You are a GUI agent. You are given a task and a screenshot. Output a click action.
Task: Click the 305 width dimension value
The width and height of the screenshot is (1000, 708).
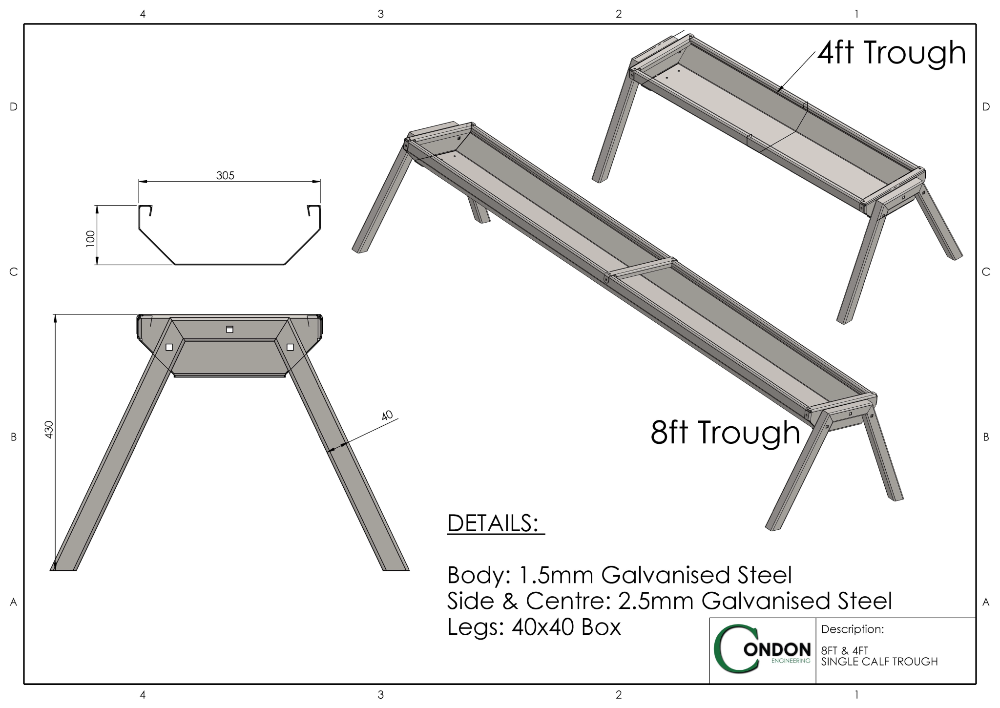(225, 175)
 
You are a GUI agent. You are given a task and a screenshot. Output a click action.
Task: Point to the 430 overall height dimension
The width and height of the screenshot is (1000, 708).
(49, 429)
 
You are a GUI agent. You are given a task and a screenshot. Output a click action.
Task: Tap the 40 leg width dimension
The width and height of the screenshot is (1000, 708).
(387, 416)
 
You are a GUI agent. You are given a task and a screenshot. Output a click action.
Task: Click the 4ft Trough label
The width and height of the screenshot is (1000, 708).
(892, 53)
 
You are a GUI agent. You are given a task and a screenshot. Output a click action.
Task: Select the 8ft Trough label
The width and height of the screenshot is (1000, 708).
(725, 433)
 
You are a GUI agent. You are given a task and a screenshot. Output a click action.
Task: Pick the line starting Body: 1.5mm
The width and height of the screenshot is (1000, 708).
(619, 575)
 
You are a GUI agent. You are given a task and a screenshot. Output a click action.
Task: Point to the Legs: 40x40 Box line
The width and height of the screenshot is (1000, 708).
(534, 627)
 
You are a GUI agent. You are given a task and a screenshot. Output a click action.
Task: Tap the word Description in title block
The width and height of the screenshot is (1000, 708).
(852, 629)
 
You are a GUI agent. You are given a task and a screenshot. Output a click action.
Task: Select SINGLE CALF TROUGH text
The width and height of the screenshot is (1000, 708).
(879, 662)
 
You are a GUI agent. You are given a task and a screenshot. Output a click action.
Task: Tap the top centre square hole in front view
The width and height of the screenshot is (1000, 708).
(229, 330)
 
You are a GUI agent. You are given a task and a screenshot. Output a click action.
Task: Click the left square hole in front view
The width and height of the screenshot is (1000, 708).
(169, 347)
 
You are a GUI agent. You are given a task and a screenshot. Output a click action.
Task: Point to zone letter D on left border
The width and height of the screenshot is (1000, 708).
(13, 106)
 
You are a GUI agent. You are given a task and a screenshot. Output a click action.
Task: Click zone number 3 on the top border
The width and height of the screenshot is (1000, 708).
(380, 14)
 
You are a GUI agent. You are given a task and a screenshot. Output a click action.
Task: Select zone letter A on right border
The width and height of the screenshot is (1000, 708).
(985, 602)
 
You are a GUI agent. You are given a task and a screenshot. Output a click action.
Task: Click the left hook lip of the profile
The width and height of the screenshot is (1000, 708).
(145, 211)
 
